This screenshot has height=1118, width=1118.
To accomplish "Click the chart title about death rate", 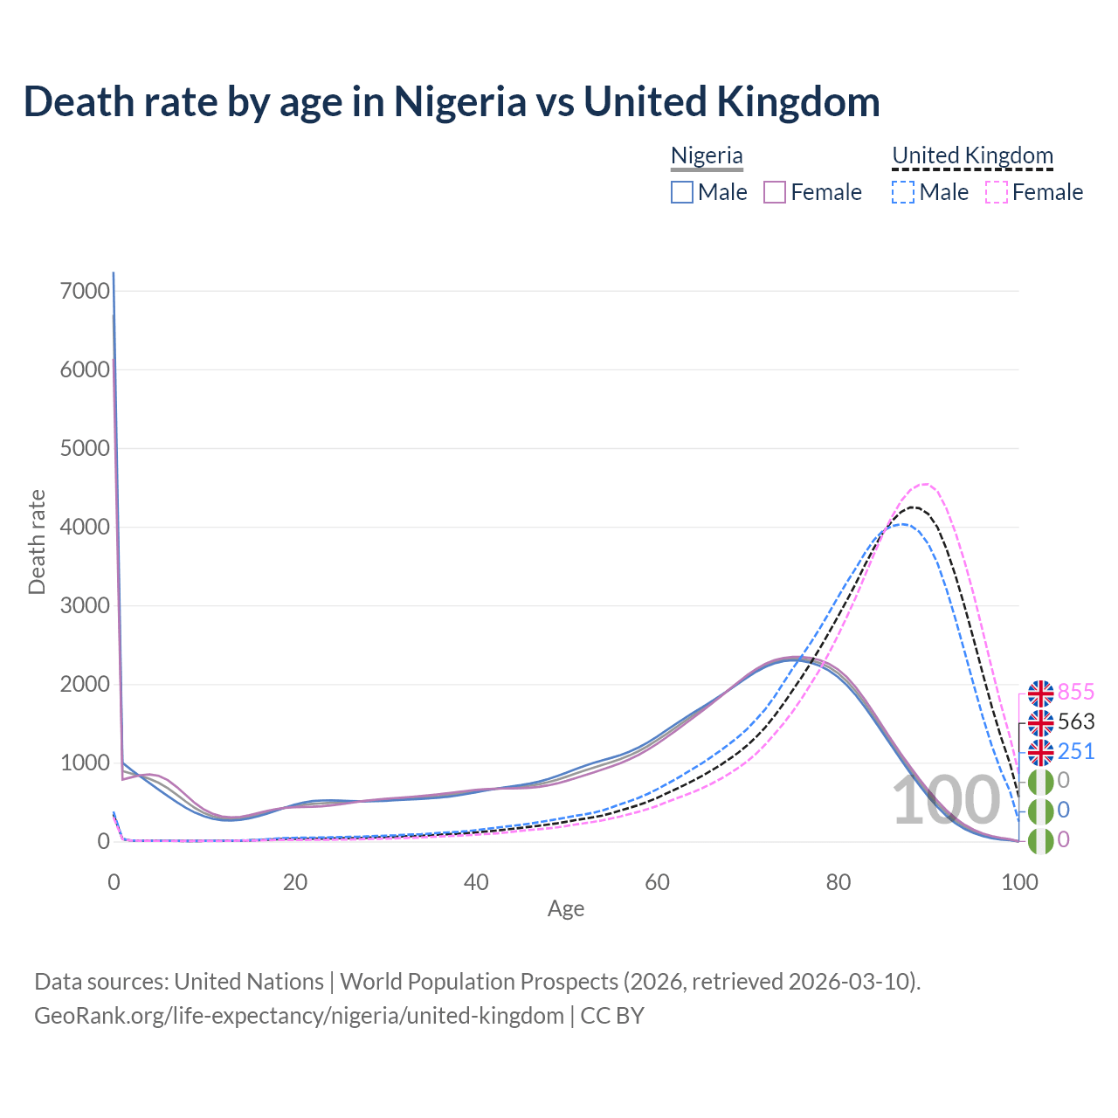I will [452, 101].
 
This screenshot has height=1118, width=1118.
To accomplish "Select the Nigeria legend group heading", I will [707, 155].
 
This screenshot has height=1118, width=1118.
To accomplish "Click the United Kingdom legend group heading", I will [972, 155].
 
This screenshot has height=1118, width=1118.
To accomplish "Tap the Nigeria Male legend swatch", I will [682, 192].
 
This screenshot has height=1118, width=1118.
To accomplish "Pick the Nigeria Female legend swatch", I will [776, 192].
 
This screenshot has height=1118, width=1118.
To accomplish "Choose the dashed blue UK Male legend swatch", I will [904, 192].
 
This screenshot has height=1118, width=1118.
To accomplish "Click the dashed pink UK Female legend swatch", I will [997, 192].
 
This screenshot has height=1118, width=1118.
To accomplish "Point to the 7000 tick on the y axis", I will [85, 291].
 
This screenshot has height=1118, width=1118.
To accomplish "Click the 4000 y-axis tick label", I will [85, 527].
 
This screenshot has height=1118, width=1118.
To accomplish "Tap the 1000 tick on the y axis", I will [85, 763].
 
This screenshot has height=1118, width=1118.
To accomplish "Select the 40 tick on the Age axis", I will [476, 882].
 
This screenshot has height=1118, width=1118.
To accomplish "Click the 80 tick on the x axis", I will [838, 882].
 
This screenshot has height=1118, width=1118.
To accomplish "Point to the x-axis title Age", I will [566, 909].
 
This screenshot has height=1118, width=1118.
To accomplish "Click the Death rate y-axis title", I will [37, 542].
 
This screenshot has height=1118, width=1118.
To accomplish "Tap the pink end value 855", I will [1076, 693].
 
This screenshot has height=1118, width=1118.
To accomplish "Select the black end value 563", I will [1076, 722].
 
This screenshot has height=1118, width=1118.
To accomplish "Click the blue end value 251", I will [1076, 751].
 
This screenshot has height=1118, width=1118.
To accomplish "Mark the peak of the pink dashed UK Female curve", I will [924, 484].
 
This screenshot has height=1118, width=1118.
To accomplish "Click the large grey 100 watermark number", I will [946, 801].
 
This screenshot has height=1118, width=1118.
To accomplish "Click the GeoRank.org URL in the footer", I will [299, 1016].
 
